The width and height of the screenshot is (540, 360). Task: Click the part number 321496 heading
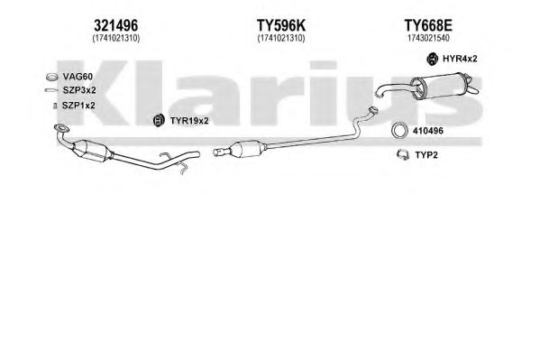tap(116, 25)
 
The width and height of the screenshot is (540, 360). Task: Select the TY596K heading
tap(281, 25)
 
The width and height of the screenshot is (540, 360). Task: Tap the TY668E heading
tap(428, 25)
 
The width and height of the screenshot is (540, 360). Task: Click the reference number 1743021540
tap(428, 38)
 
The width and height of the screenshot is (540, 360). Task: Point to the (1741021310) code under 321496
tap(116, 38)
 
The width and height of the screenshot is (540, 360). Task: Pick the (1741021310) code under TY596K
tap(281, 38)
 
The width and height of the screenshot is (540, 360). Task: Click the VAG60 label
tap(78, 77)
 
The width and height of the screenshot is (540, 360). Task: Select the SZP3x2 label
tap(79, 90)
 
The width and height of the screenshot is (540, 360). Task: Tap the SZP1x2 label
tap(78, 106)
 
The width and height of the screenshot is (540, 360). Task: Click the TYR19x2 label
tap(189, 121)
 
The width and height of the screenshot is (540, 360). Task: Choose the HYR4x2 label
tap(460, 59)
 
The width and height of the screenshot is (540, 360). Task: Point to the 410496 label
tap(428, 131)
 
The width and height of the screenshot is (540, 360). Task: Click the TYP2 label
tap(426, 155)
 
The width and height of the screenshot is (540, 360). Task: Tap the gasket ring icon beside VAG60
tap(51, 77)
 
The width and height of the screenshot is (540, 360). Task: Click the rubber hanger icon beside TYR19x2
tap(159, 121)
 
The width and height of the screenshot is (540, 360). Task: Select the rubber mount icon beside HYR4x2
tap(432, 59)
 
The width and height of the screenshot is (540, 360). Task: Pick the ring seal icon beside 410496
tap(399, 131)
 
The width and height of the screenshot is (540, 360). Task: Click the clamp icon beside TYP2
tap(402, 155)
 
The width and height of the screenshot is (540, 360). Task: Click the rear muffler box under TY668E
tap(440, 86)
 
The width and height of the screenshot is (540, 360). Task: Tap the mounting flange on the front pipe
tap(62, 129)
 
